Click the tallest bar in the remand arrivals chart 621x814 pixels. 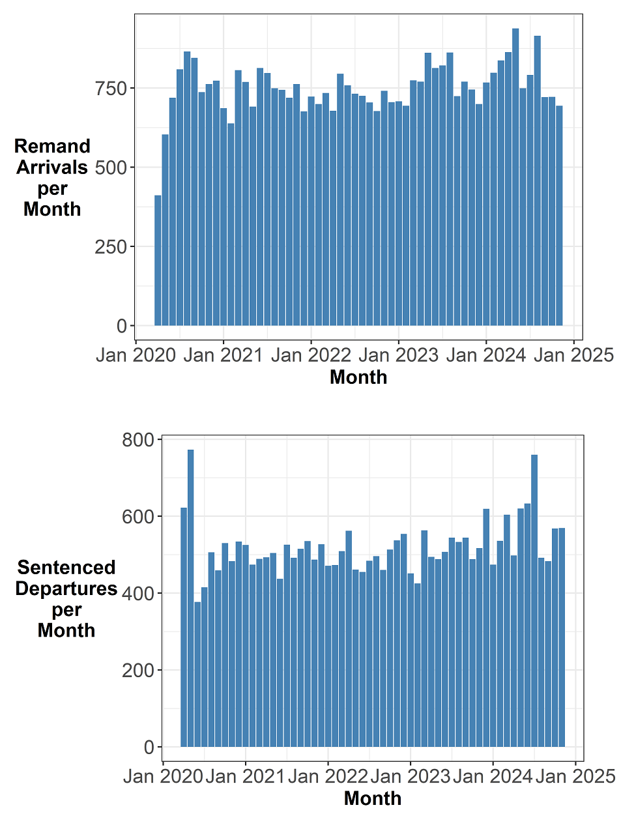click(x=515, y=176)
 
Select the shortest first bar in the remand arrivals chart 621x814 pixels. click(x=158, y=261)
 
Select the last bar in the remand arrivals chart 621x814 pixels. click(x=559, y=215)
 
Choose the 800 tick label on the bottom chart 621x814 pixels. click(x=137, y=440)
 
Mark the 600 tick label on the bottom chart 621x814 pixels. click(x=137, y=517)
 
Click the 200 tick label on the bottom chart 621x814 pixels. click(x=137, y=671)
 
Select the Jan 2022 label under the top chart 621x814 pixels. click(x=311, y=355)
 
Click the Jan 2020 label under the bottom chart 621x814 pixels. click(x=163, y=776)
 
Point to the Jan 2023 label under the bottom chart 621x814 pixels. click(x=410, y=776)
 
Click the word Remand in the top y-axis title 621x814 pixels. click(x=52, y=146)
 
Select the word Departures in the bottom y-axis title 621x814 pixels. click(x=66, y=589)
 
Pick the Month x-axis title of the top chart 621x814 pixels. click(x=358, y=377)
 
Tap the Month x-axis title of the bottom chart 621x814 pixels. click(x=373, y=798)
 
